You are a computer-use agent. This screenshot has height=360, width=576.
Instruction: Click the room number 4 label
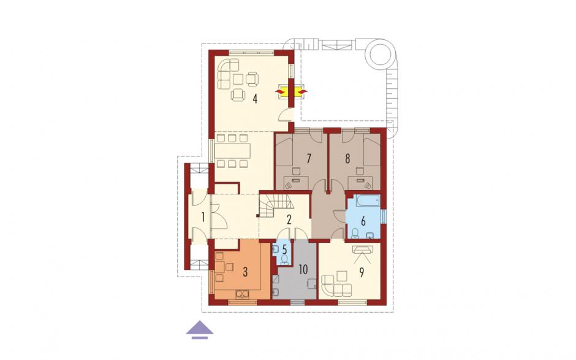click(x=254, y=99)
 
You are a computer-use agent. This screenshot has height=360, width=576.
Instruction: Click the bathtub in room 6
click(x=367, y=201)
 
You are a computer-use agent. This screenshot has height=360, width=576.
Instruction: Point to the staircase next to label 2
click(x=275, y=206)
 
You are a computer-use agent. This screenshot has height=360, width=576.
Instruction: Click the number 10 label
click(x=303, y=270)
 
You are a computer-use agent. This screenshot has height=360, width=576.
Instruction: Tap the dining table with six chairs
click(x=232, y=151)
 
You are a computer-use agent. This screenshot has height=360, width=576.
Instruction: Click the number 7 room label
click(x=309, y=159)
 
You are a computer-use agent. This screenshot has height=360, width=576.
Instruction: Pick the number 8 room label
click(x=347, y=159)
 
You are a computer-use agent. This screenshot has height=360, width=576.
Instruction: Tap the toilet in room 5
click(x=284, y=259)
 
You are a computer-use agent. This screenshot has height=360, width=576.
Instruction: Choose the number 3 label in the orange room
click(x=245, y=272)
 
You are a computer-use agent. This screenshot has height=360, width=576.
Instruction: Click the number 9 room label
click(x=362, y=272)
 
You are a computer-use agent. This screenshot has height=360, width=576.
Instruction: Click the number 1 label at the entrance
click(x=203, y=217)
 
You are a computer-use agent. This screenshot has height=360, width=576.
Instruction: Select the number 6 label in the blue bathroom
click(x=363, y=221)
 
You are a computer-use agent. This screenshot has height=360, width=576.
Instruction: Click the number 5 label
click(x=285, y=248)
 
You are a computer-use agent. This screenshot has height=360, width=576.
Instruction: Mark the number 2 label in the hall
click(x=289, y=220)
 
